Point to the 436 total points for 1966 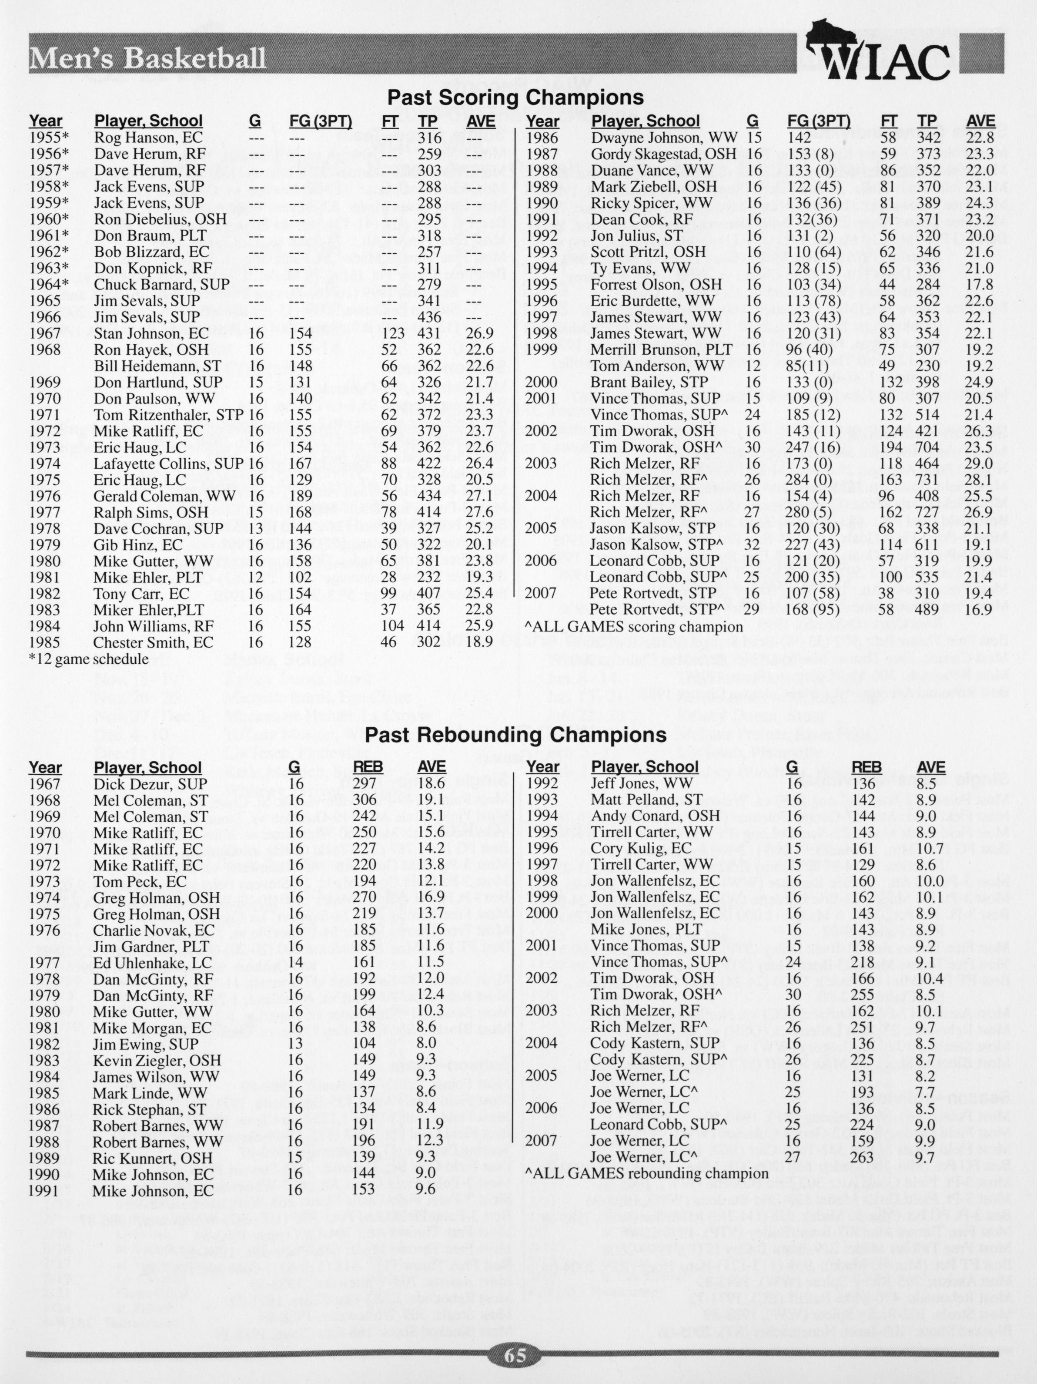[x=429, y=316]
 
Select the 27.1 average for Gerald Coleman [x=480, y=496]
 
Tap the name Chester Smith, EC [x=153, y=642]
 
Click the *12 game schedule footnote [x=88, y=659]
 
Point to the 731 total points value [x=927, y=480]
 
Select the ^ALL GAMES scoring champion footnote [x=634, y=626]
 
